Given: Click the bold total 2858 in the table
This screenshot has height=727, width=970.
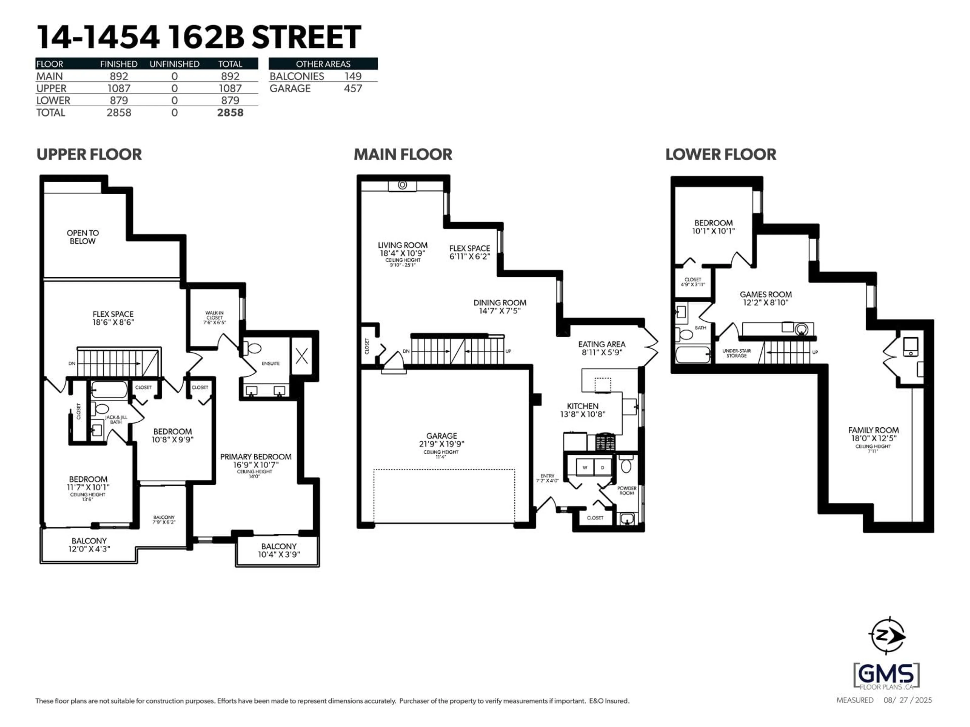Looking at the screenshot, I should pos(230,113).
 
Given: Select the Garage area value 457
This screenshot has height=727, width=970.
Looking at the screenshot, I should pos(353,89).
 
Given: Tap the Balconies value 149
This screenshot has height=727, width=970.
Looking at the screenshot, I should pos(353,76).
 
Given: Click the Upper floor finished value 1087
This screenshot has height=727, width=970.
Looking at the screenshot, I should pos(119,89).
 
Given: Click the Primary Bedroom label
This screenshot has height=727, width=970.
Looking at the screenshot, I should pos(256,457).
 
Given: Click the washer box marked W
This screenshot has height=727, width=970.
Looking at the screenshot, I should pos(585,468).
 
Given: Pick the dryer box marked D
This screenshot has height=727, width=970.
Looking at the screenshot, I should pos(602,468).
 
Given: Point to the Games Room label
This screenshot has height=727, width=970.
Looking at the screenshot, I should pos(766,295).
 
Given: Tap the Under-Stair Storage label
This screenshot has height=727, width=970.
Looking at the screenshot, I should pos(736,353).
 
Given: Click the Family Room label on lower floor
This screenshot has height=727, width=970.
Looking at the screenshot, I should pos(873,430).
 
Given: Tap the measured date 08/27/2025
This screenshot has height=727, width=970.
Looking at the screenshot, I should pos(907,700).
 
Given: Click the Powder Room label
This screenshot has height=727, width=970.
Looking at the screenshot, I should pos(627,490).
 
